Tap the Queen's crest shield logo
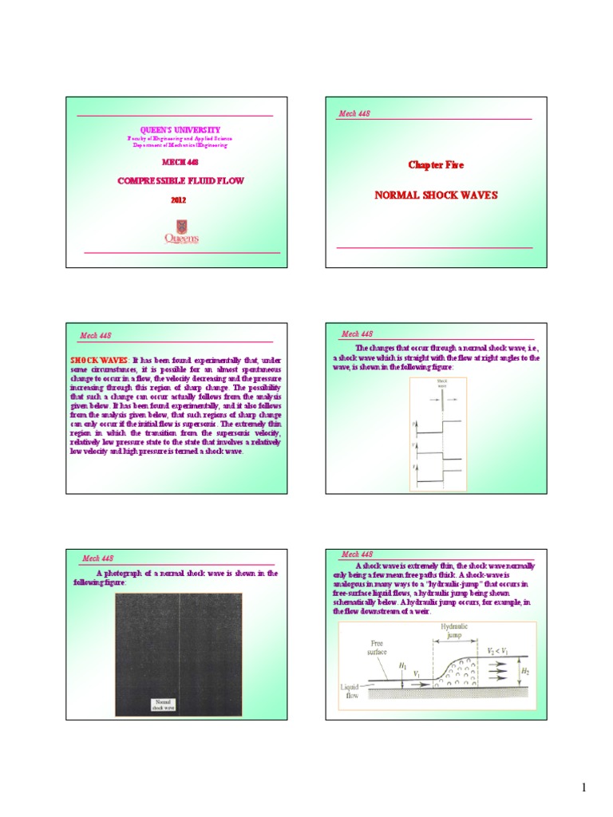coord(182,227)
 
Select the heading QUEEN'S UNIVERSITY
coord(180,129)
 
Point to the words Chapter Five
coord(436,164)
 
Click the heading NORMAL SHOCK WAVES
coord(435,195)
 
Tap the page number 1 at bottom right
coord(583,788)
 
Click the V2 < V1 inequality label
coord(501,650)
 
